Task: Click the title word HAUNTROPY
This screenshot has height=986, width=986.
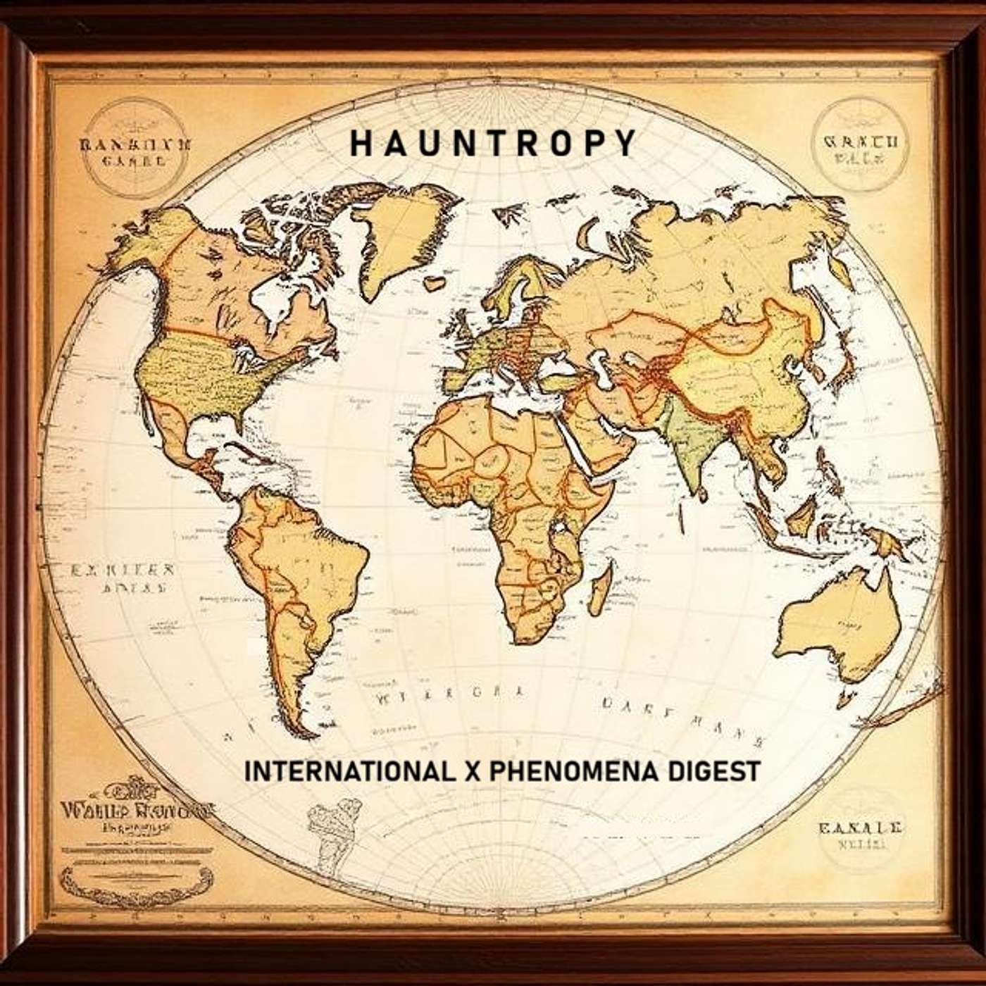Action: (493, 143)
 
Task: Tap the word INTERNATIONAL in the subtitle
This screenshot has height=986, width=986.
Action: (349, 770)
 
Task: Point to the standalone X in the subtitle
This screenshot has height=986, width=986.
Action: (473, 770)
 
